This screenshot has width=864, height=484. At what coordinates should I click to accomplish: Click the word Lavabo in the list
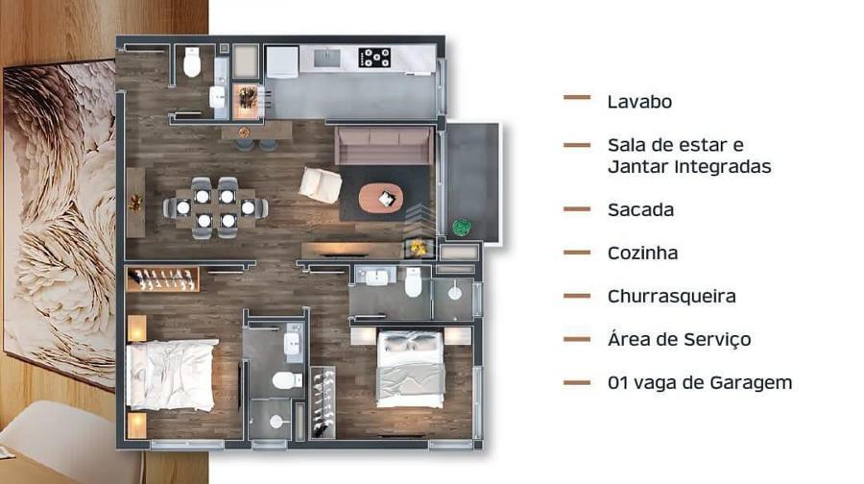click(x=639, y=102)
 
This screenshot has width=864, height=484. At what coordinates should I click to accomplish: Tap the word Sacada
click(x=640, y=210)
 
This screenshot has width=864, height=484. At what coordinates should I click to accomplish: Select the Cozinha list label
click(x=642, y=253)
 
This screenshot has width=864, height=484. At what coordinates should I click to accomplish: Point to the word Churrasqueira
click(x=671, y=296)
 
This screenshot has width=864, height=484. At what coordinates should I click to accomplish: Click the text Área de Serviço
click(x=679, y=339)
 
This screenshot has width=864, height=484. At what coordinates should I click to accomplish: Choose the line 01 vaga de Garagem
click(x=700, y=382)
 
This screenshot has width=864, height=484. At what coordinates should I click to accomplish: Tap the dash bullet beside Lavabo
click(x=577, y=98)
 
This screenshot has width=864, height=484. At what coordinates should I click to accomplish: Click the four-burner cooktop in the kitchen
click(x=374, y=58)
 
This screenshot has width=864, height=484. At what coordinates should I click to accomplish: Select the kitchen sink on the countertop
click(x=327, y=58)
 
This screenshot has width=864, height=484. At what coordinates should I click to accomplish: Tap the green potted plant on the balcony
click(x=462, y=228)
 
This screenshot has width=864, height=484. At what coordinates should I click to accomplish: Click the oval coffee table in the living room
click(x=381, y=198)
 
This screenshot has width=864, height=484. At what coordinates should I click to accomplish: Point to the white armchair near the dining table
click(x=320, y=185)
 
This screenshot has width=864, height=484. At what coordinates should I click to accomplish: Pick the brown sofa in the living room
click(x=385, y=146)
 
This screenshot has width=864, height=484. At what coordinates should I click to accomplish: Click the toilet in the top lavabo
click(x=192, y=62)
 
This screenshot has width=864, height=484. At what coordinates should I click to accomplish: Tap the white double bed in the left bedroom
click(x=171, y=375)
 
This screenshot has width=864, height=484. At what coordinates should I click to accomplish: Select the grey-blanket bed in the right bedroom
click(x=411, y=369)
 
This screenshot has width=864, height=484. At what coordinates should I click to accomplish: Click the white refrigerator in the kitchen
click(x=282, y=61)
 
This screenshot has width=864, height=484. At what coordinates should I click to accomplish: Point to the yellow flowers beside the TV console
click(x=419, y=249)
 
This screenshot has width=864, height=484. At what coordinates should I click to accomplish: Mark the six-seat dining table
click(x=215, y=207)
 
